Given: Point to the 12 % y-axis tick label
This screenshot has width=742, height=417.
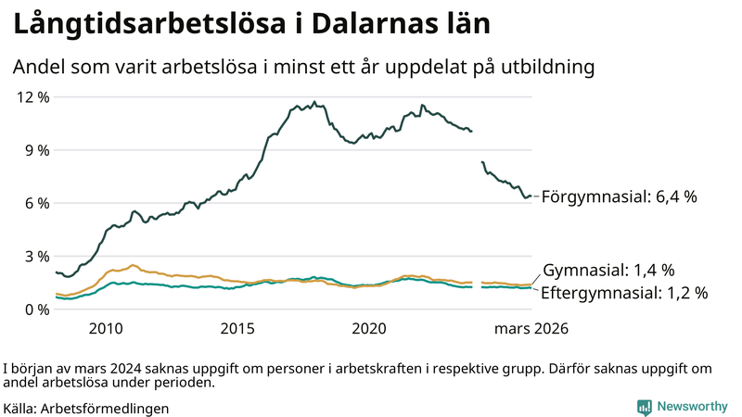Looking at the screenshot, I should tap(32, 97).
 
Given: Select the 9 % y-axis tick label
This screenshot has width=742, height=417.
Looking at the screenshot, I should tap(35, 150).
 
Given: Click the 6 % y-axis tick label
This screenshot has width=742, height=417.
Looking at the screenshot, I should tap(35, 203).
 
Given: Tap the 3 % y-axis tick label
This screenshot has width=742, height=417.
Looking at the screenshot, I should tap(35, 256).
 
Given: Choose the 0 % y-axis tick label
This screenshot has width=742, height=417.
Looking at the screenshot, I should tap(35, 309).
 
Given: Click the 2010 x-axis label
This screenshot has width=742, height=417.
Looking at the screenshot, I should tap(106, 329).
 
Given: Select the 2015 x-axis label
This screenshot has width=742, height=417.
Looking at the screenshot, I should tap(237, 329).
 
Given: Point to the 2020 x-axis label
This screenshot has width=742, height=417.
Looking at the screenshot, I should tap(369, 329).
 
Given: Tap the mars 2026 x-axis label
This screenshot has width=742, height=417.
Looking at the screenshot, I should tap(531, 329).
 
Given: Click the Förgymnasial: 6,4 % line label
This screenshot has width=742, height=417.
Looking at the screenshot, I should tap(619, 197).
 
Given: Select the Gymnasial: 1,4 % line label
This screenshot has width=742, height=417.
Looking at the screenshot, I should tap(608, 271).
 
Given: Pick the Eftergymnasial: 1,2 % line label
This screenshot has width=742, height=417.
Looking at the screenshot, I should tap(624, 293).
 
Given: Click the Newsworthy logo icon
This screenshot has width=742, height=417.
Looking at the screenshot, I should tap(644, 407).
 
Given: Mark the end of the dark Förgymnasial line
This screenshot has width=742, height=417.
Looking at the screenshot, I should tap(531, 196).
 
